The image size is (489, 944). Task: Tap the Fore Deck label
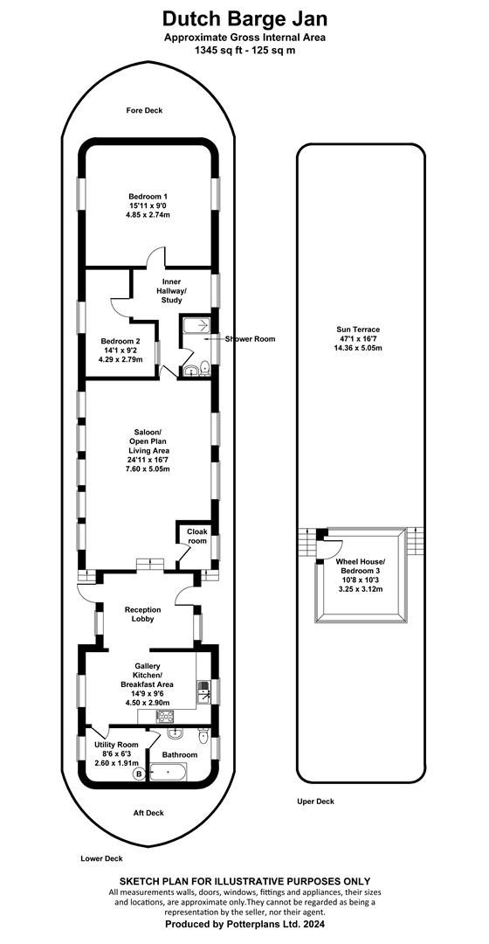coord(144,110)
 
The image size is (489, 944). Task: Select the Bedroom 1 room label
coord(148,197)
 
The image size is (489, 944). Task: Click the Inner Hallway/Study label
coord(172,291)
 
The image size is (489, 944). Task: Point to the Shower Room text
coord(251,339)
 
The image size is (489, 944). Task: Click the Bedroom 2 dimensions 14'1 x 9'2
coord(121,351)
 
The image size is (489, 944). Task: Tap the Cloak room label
coord(196,537)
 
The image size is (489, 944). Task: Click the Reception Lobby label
coord(143,614)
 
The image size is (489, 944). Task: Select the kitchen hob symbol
coord(165,717)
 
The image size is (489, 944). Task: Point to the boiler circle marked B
coord(140,773)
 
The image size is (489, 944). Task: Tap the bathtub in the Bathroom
coord(168,771)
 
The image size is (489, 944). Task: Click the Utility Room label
coord(117,744)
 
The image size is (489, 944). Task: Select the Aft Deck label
coord(148,813)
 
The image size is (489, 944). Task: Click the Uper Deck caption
coord(316,802)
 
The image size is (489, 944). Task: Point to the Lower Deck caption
coord(98,858)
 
